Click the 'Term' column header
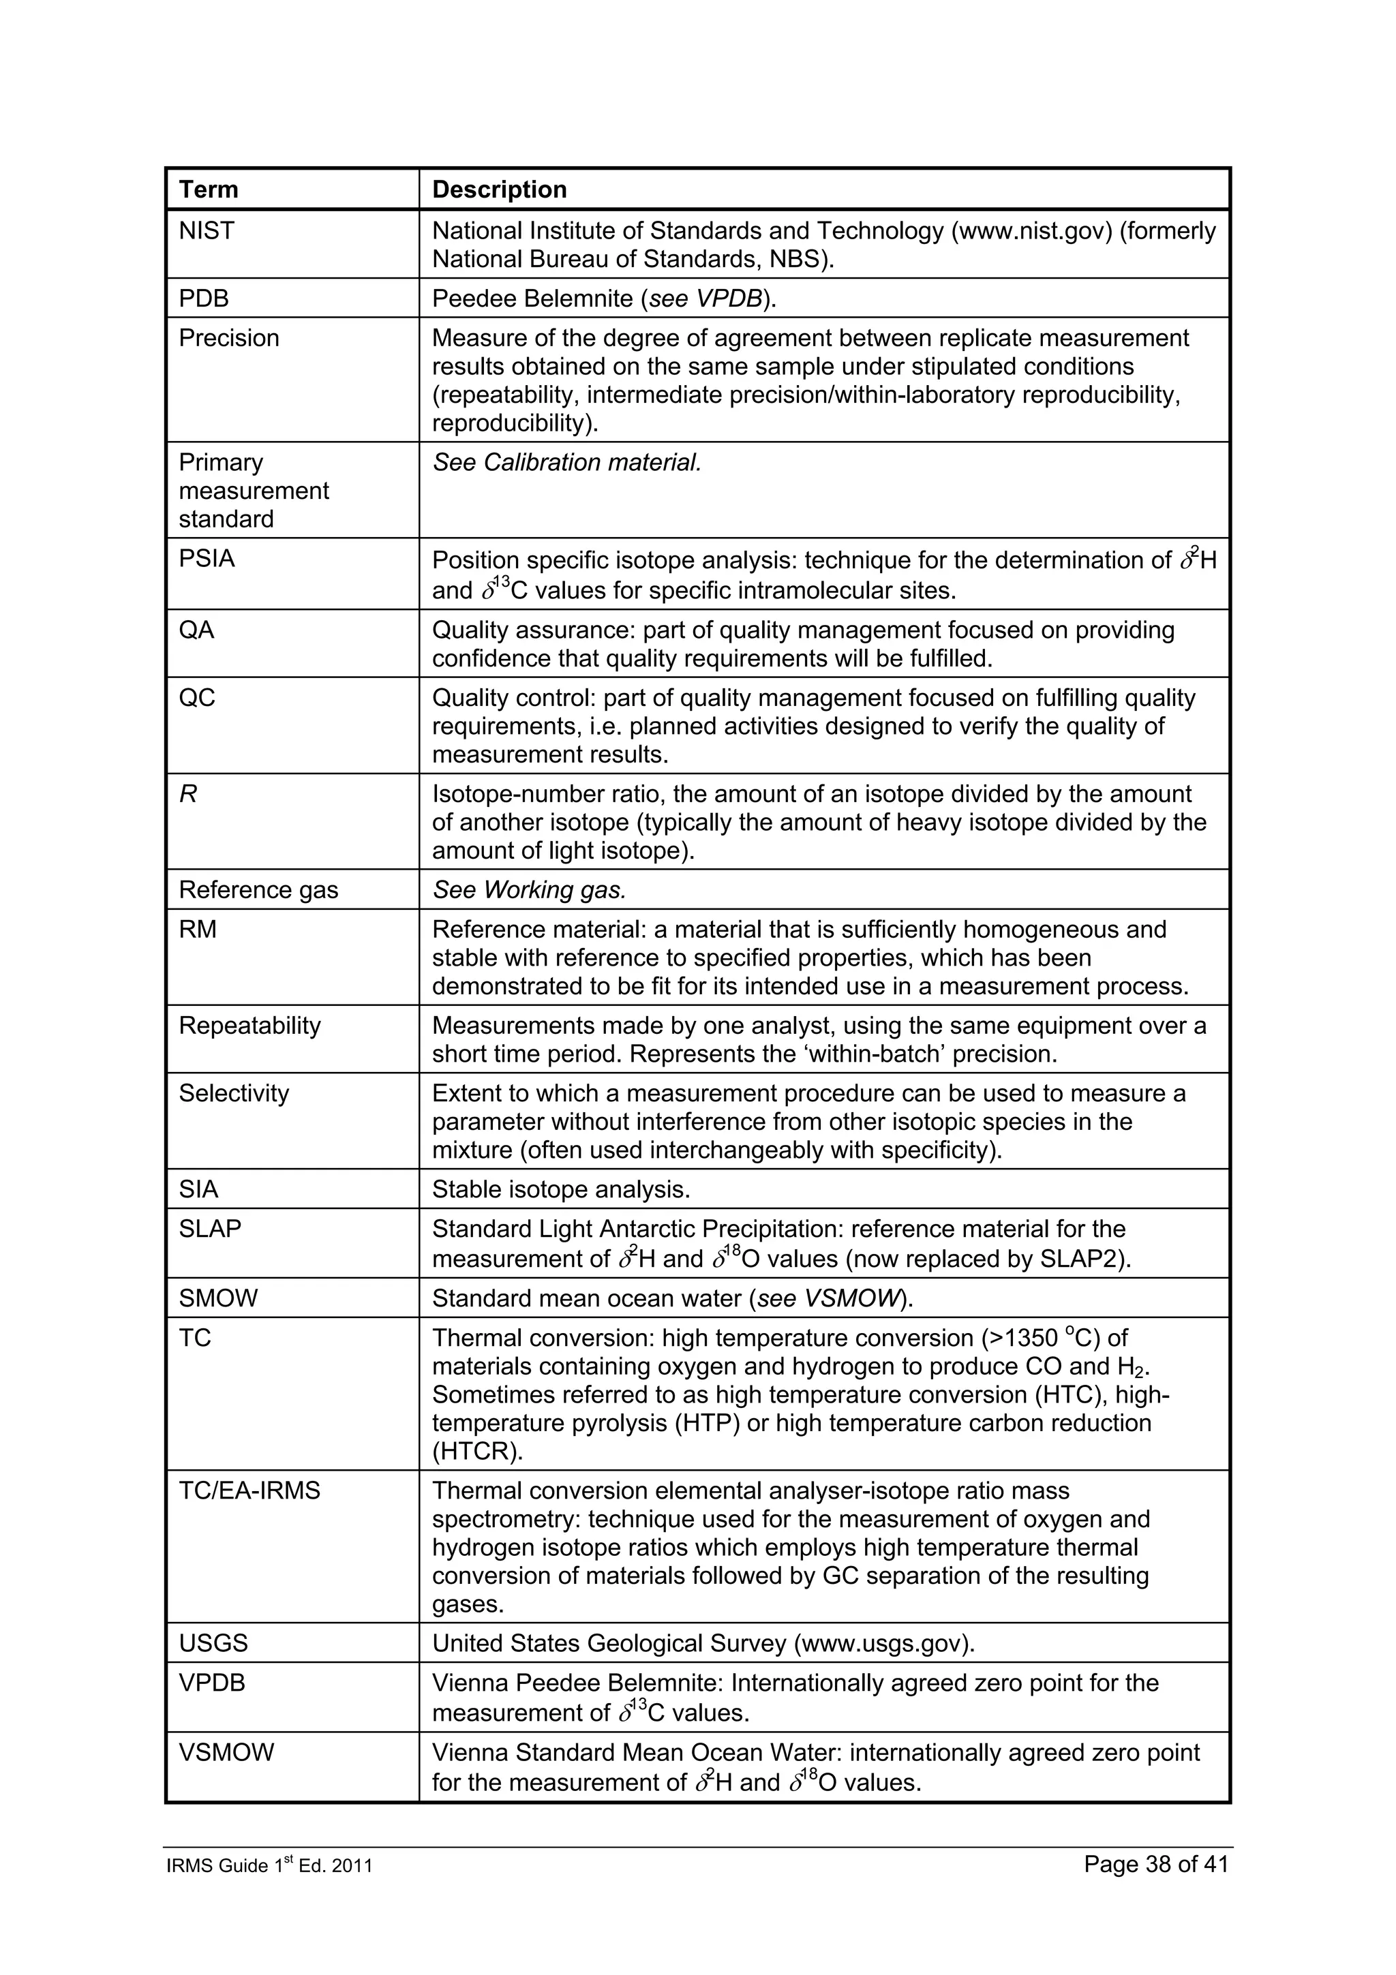click(208, 189)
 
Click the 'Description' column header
click(499, 189)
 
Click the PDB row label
click(204, 298)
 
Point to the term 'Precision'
click(229, 338)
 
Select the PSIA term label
click(207, 559)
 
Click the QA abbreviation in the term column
click(196, 630)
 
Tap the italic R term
click(187, 794)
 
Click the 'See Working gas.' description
click(529, 890)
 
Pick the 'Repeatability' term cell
click(249, 1026)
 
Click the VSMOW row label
click(226, 1753)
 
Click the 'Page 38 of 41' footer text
click(1155, 1864)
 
